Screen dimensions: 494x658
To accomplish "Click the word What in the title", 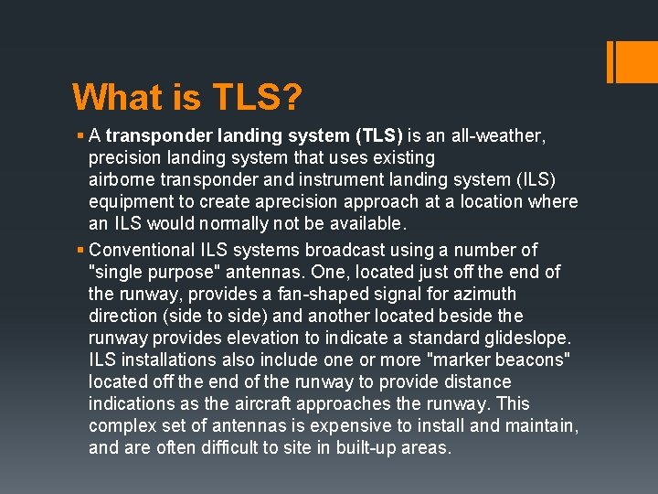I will click(x=113, y=96).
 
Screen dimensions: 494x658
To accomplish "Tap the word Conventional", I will click(x=148, y=250).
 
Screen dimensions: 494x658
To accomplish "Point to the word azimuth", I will click(x=484, y=294).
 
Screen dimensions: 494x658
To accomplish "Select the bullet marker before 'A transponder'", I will click(x=80, y=136).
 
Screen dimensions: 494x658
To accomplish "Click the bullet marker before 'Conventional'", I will click(x=80, y=250).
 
